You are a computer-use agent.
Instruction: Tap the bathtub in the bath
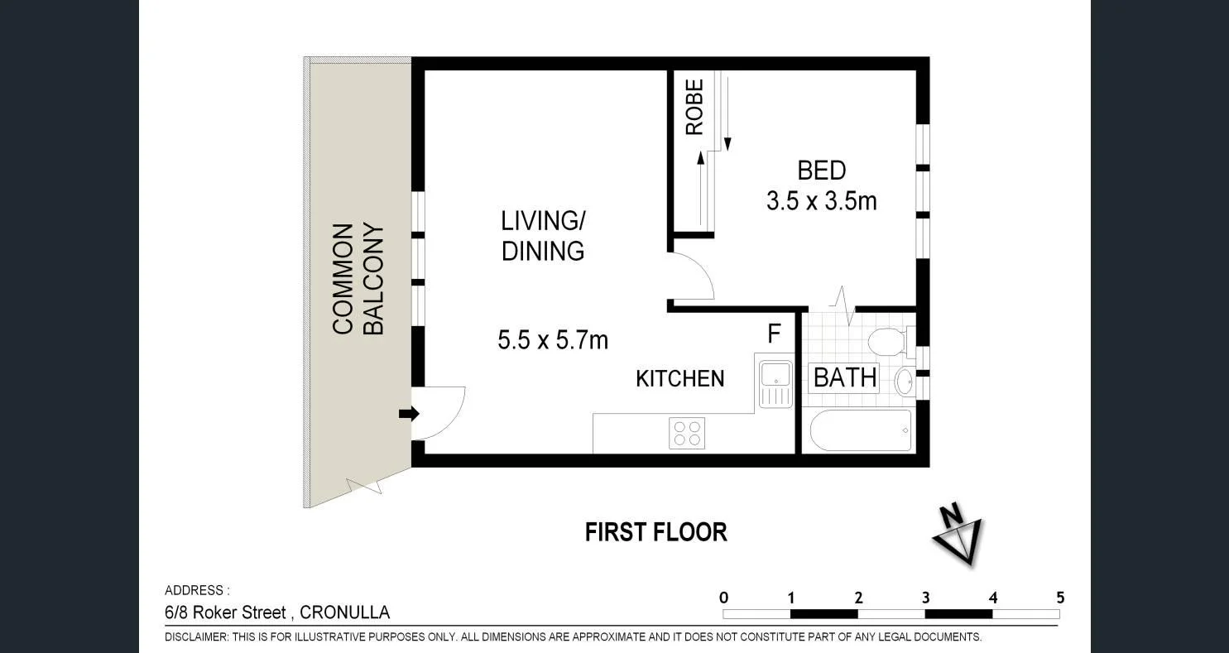point(861,430)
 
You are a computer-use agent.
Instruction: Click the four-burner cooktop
point(687,433)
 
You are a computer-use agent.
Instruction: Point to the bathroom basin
point(904,381)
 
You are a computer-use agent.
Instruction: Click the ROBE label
point(694,107)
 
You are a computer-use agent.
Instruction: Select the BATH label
point(844,377)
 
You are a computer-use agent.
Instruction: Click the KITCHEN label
point(679,378)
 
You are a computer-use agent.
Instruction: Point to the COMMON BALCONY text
point(358,279)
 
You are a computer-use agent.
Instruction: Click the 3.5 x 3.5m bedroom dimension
point(821,201)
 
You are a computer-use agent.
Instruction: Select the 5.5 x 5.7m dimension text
point(553,339)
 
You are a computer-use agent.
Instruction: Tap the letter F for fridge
point(774,334)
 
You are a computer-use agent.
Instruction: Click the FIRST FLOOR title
point(655,532)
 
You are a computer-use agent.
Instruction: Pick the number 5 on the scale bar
point(1059,598)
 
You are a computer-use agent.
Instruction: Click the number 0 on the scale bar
point(724,598)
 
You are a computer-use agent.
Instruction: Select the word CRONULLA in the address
point(344,613)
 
